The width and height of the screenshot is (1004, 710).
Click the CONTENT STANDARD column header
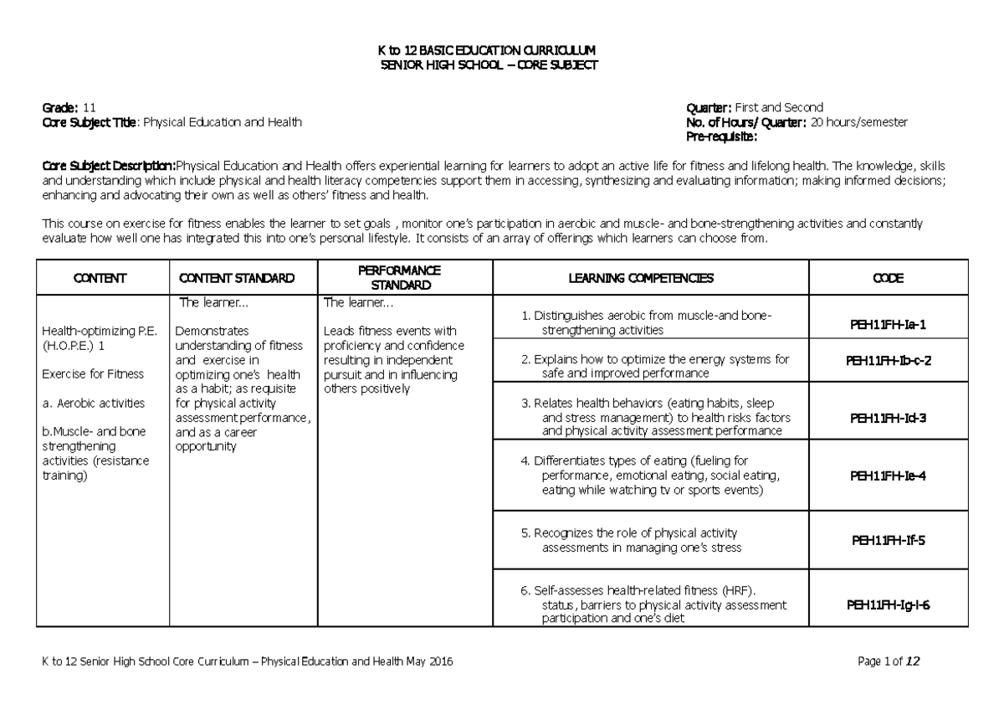pos(236,277)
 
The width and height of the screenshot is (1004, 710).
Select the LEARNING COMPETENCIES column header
pos(641,277)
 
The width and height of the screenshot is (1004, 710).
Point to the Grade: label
pos(60,108)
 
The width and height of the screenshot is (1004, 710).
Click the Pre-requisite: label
pos(721,136)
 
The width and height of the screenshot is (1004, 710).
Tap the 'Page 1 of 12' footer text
pos(889,662)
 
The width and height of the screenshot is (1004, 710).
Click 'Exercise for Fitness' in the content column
pos(93,373)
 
